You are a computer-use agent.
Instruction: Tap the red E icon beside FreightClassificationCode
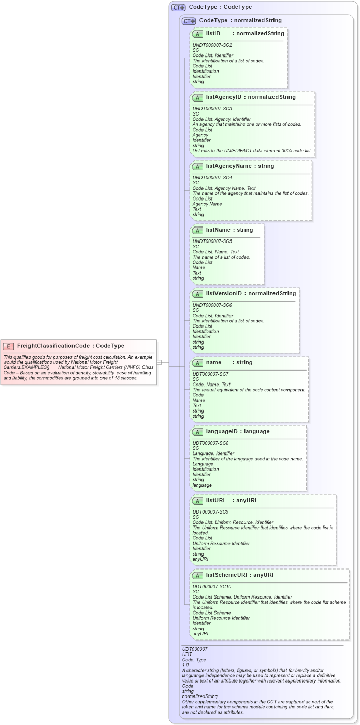[x=8, y=346]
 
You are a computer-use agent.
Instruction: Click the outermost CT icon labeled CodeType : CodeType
[x=178, y=7]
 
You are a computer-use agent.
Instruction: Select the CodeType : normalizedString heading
[x=240, y=21]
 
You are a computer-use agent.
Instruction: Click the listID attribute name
[x=213, y=33]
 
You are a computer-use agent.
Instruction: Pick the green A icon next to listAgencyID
[x=197, y=97]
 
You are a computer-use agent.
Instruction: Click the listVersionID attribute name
[x=223, y=293]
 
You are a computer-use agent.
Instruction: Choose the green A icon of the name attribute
[x=197, y=363]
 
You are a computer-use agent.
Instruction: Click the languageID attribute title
[x=223, y=431]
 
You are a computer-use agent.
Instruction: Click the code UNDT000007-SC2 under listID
[x=212, y=45]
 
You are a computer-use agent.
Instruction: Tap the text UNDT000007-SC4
[x=212, y=178]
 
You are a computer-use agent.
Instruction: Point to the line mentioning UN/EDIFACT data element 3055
[x=252, y=151]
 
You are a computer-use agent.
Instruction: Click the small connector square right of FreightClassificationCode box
[x=160, y=362]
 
